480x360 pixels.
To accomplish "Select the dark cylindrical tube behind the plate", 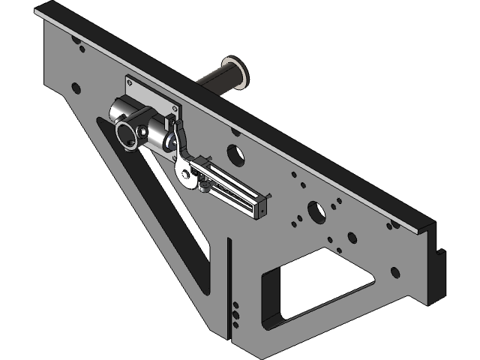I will (217, 80).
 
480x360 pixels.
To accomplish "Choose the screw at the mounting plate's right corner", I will (176, 109).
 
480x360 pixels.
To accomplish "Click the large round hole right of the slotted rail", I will (316, 211).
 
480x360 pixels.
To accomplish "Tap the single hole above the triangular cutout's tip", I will (76, 88).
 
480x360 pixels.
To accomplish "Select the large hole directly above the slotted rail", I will (235, 153).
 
